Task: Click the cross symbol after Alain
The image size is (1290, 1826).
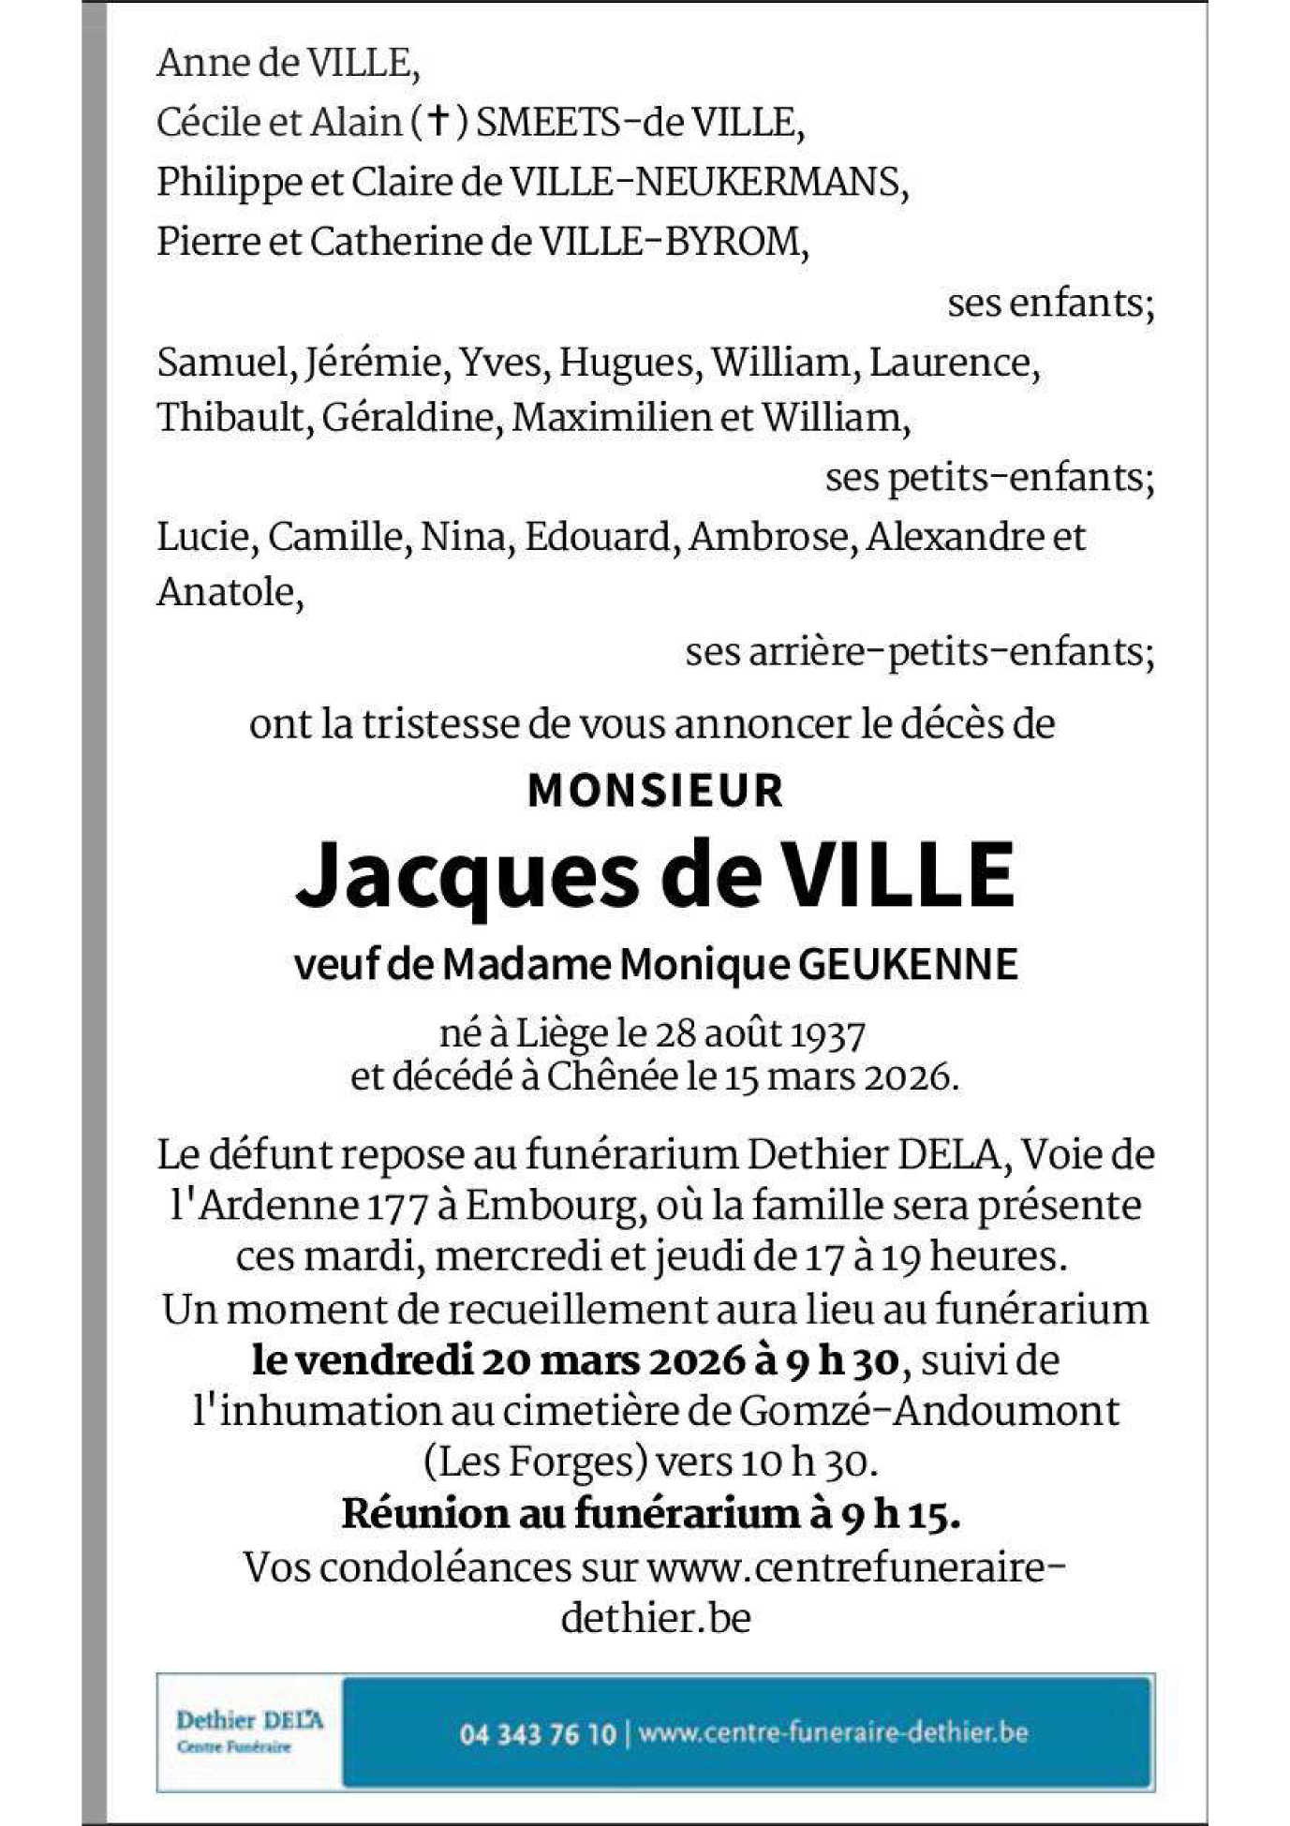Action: pyautogui.click(x=437, y=122)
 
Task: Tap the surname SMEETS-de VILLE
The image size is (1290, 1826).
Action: pyautogui.click(x=639, y=122)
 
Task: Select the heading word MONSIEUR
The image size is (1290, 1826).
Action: pyautogui.click(x=656, y=790)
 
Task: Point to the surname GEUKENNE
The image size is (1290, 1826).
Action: pyautogui.click(x=908, y=964)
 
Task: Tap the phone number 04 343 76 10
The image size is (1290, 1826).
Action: pyautogui.click(x=537, y=1733)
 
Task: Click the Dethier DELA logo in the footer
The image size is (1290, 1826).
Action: pyautogui.click(x=249, y=1731)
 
